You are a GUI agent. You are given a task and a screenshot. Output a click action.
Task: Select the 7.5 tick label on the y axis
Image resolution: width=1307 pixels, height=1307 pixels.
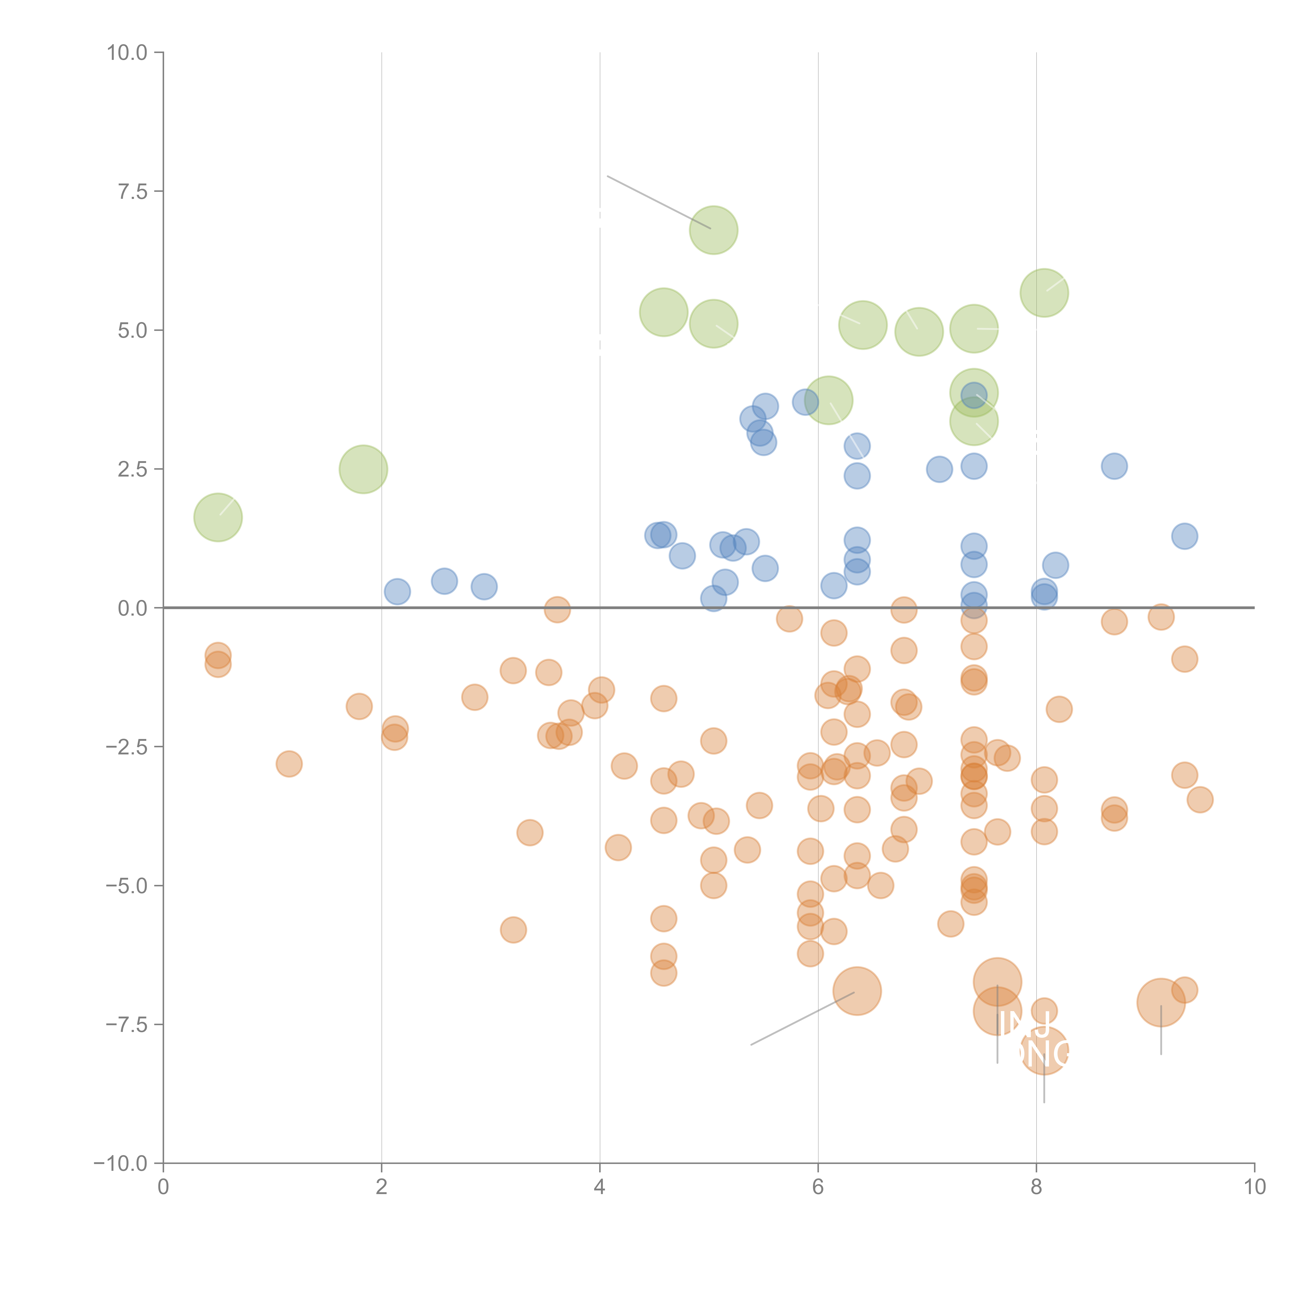coord(133,191)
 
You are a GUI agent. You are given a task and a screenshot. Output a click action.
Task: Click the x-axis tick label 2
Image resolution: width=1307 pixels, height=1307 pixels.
coord(382,1187)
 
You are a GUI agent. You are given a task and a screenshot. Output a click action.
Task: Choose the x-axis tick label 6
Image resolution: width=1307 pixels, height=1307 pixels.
coord(818,1187)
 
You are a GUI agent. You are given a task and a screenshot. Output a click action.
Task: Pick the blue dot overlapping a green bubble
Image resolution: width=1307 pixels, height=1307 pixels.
coord(973,394)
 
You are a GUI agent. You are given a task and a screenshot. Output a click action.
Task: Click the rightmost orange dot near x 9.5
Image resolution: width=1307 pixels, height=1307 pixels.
coord(1200,800)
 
